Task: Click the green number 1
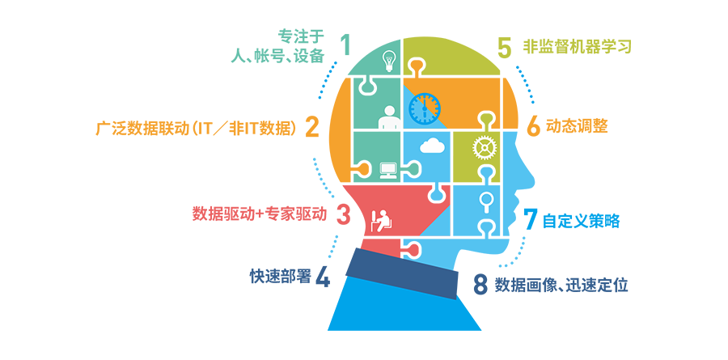(x=344, y=44)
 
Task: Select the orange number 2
(x=312, y=126)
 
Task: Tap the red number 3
(x=343, y=214)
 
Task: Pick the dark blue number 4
(x=323, y=277)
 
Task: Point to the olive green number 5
(x=504, y=47)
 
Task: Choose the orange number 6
(x=534, y=126)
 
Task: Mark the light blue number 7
(x=530, y=219)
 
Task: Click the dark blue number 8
(x=480, y=284)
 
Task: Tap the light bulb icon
(x=388, y=61)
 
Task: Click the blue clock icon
(x=424, y=108)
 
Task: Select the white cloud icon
(x=431, y=146)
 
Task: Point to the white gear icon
(x=485, y=148)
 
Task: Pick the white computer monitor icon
(x=387, y=171)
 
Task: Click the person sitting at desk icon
(x=383, y=221)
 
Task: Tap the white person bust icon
(x=389, y=117)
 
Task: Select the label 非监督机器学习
(x=577, y=47)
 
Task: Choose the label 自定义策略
(x=581, y=221)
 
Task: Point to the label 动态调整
(x=577, y=126)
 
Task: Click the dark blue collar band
(x=401, y=273)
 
